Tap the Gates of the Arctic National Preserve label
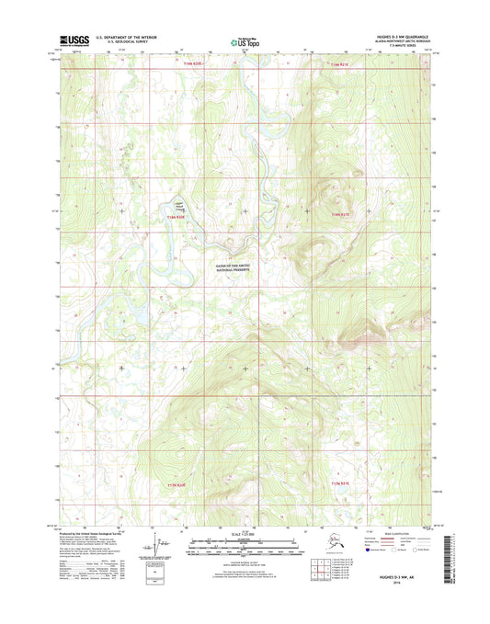[231, 266]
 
